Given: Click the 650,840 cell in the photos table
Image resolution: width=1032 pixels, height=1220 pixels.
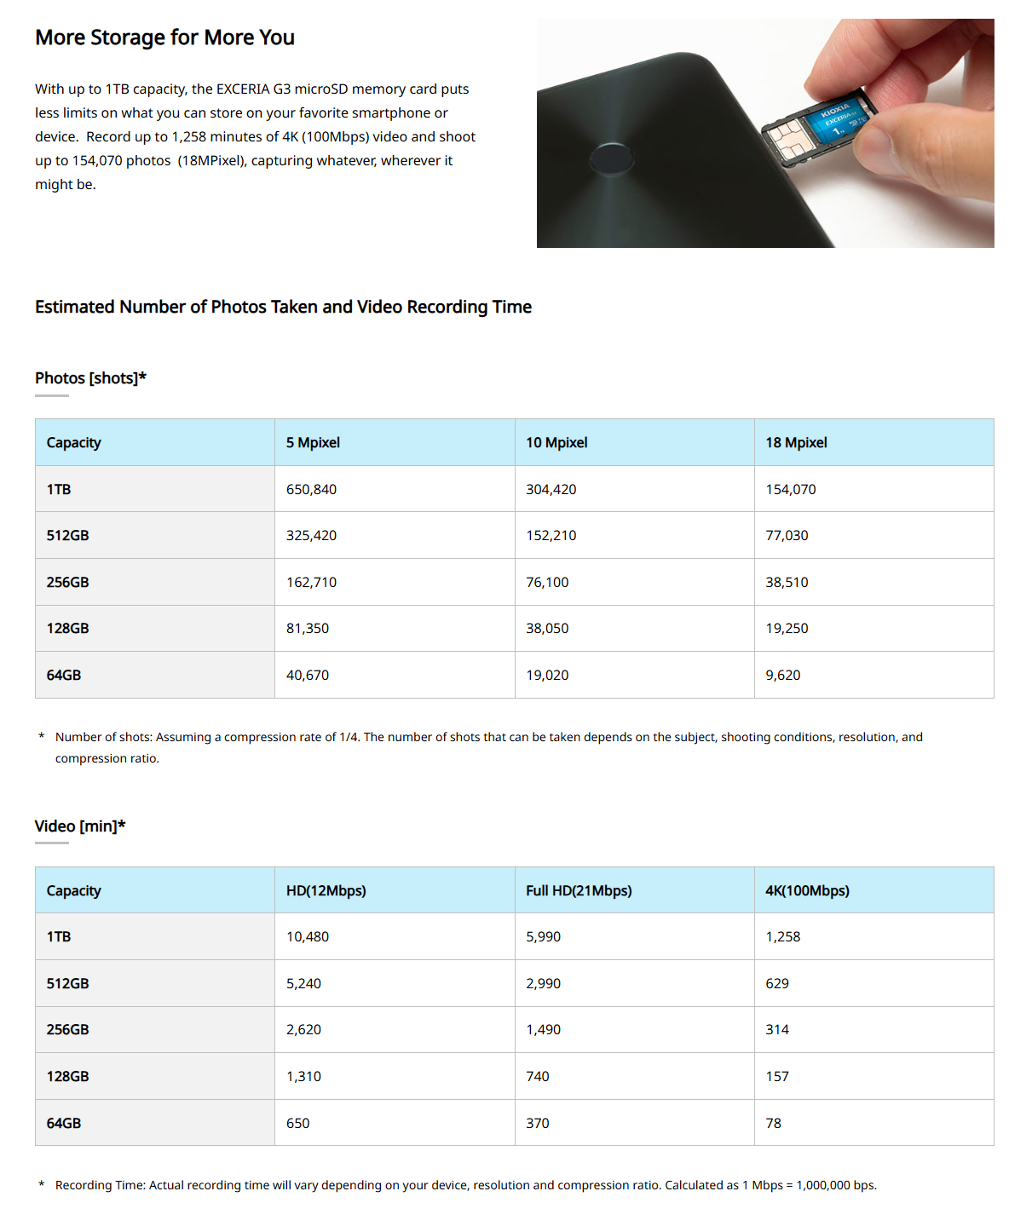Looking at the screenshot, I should pos(312,489).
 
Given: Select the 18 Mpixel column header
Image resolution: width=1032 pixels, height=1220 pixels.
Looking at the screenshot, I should pos(796,442).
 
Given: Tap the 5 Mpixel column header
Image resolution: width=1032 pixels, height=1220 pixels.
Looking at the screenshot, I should pos(313,442).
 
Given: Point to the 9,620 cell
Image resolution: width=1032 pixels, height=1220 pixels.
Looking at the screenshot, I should pos(782,675).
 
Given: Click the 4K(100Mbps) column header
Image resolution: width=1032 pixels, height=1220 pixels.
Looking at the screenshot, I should pos(807,890).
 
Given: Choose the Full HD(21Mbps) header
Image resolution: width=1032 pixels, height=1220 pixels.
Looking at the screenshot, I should pos(579,890).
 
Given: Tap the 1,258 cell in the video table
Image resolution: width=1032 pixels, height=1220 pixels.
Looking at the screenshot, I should pos(782,936).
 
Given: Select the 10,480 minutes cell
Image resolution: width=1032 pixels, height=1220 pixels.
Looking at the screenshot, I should pos(308,936).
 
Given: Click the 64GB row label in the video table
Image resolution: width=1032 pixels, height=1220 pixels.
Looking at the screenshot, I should pos(64,1123).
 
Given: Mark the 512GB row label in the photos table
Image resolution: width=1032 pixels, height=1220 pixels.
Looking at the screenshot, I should pos(67,535).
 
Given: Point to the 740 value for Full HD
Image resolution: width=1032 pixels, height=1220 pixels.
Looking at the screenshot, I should pos(538,1076).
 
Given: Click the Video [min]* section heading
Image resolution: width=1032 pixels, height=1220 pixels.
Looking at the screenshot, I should pos(80,826).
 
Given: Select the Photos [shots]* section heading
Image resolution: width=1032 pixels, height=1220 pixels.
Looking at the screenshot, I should pos(90,377).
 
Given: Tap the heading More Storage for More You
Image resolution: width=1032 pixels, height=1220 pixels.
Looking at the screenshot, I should pos(164,37).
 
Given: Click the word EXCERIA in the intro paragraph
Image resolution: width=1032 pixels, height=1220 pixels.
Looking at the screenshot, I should pos(243,89).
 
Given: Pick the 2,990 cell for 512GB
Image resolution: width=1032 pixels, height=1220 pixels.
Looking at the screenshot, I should pos(543,983).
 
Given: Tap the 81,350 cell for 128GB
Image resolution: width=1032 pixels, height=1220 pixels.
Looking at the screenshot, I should pos(308,628).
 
